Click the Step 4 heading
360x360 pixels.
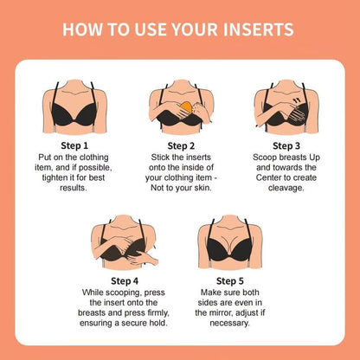pyautogui.click(x=127, y=280)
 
